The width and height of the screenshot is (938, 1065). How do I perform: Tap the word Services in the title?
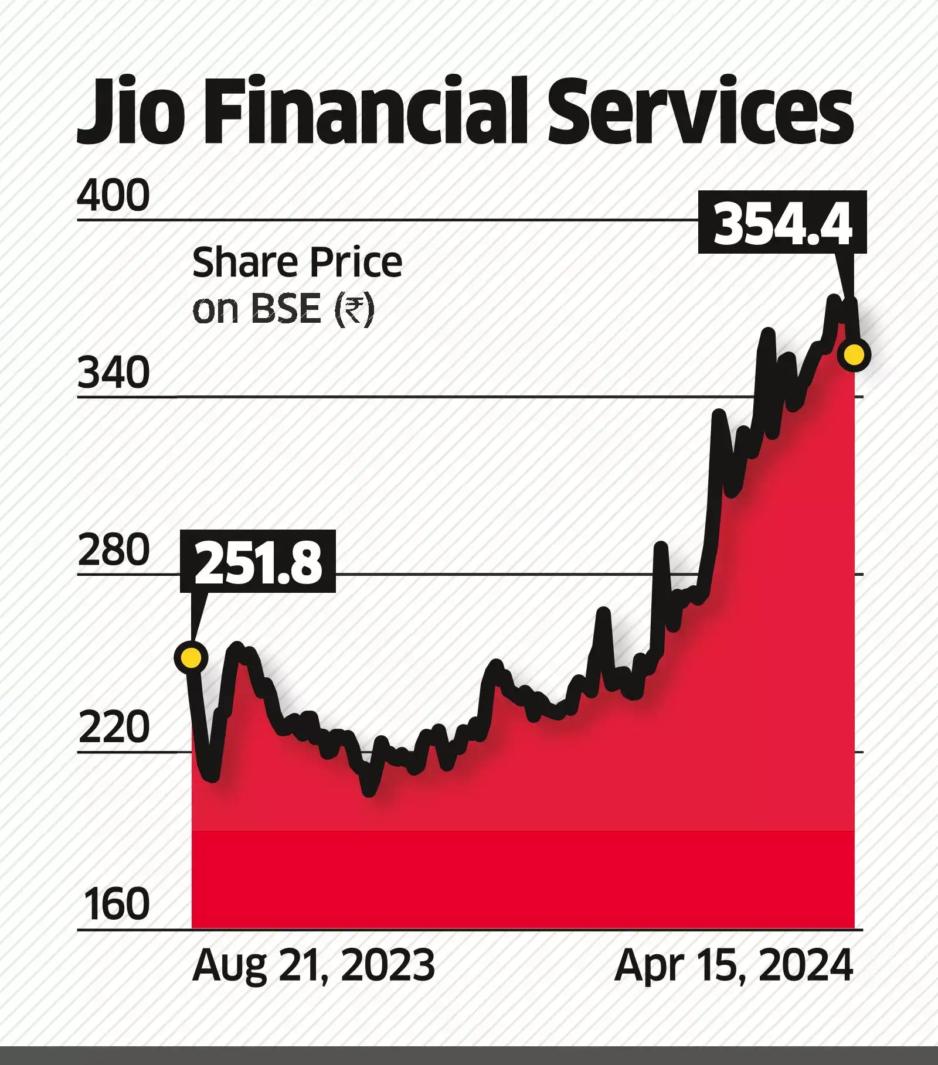coord(700,111)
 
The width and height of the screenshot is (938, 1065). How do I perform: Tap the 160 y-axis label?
coord(116,904)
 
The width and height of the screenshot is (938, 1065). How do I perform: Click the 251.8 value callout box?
coord(259,561)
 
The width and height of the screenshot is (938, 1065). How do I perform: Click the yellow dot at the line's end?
coord(853,355)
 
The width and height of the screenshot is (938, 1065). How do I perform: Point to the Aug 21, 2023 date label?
coord(314,965)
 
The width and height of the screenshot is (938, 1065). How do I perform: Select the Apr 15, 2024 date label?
coord(734,965)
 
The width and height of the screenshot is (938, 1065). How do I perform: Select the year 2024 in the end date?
coord(805,965)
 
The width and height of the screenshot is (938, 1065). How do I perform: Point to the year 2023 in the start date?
coord(388,965)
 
